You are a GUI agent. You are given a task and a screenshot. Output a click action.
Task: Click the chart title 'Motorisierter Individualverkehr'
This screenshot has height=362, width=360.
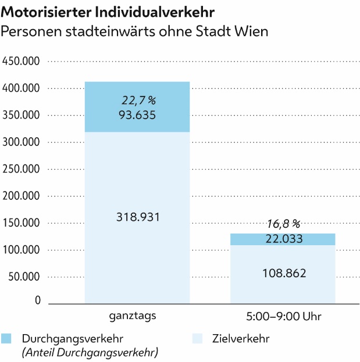tap(108, 12)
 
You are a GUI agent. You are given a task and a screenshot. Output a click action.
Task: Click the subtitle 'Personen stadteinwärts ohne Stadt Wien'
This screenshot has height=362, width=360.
tap(135, 31)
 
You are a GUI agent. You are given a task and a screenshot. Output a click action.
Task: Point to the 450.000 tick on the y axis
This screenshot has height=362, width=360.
tap(22, 61)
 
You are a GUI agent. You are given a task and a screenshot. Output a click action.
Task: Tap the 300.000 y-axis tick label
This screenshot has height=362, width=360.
tap(22, 142)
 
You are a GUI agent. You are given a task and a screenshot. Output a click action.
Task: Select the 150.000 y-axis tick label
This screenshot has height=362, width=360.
tap(22, 223)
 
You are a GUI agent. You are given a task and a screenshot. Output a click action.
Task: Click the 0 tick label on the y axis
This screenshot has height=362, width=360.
tap(38, 300)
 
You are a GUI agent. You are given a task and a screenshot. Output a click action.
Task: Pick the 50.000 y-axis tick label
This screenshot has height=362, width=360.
tap(24, 277)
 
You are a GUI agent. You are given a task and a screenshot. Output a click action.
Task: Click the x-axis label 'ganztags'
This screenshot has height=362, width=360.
tap(137, 317)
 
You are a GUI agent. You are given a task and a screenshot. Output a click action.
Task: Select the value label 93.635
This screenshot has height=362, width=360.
tap(137, 115)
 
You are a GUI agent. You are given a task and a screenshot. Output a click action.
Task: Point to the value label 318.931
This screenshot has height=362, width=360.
tap(137, 217)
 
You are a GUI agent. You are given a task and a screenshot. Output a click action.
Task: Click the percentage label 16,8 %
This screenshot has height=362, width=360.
tap(283, 224)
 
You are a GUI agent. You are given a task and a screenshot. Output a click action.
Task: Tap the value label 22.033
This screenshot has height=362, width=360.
tap(283, 239)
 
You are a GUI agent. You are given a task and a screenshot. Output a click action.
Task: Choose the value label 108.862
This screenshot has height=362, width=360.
tap(283, 273)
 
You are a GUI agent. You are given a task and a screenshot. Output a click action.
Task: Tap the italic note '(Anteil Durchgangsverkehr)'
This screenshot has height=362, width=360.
tap(90, 352)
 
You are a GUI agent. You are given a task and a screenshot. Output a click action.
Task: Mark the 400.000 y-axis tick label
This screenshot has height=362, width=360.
tap(22, 88)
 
